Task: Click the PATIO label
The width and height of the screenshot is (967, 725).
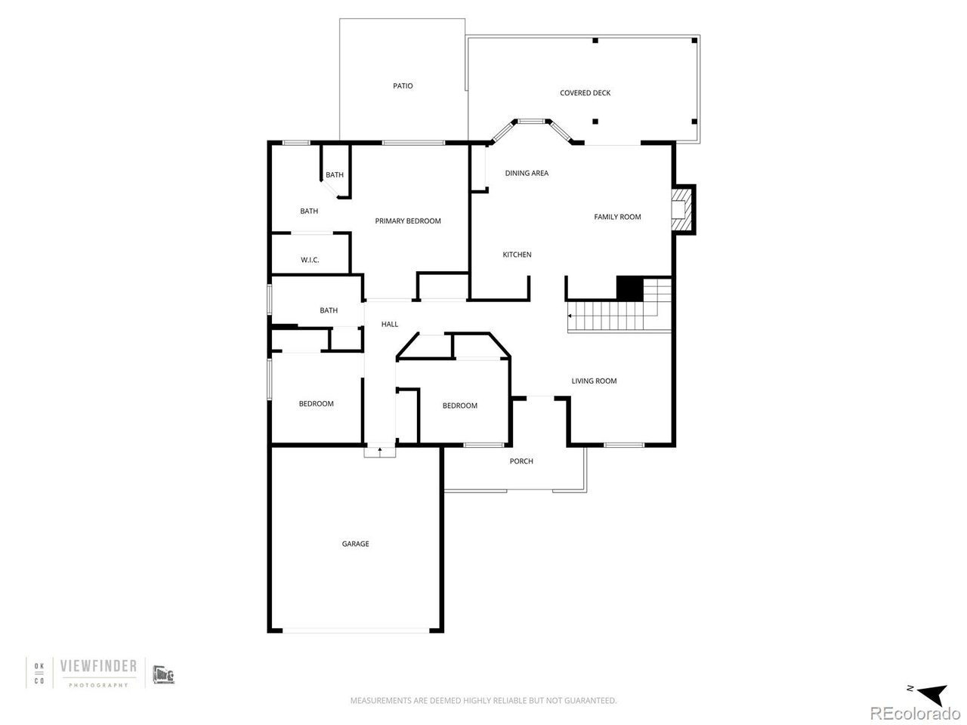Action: point(403,86)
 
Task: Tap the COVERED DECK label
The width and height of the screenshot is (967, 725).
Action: point(585,93)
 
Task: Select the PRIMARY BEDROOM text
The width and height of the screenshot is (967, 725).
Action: point(408,221)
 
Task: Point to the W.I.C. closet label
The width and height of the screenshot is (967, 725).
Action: point(310,260)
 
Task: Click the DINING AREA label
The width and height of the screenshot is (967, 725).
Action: point(527,173)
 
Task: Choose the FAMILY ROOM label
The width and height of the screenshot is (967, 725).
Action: point(617,217)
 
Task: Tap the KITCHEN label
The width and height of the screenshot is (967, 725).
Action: point(517,255)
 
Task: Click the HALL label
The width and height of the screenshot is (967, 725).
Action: point(390,324)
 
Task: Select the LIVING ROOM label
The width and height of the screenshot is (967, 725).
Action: point(594,381)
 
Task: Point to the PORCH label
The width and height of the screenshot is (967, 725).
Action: point(521,461)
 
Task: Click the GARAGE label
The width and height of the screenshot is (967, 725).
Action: point(355,544)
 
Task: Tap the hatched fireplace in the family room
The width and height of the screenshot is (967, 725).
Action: point(682,209)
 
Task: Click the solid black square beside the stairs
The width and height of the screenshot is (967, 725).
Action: point(629,288)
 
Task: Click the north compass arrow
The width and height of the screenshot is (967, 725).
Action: point(929,691)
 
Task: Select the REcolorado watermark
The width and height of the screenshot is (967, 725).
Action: point(915,713)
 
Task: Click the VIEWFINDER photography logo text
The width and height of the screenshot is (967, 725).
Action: point(98,666)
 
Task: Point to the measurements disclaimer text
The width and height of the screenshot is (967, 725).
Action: point(483,701)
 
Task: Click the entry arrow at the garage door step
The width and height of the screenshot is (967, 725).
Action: point(379,451)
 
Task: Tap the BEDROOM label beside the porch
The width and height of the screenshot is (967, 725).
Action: point(459,406)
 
